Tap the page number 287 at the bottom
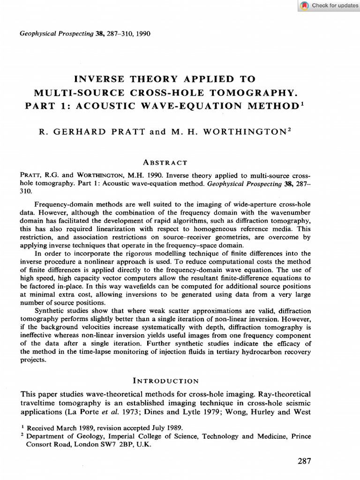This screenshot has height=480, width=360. (304, 461)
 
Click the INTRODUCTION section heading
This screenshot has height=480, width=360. (166, 381)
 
